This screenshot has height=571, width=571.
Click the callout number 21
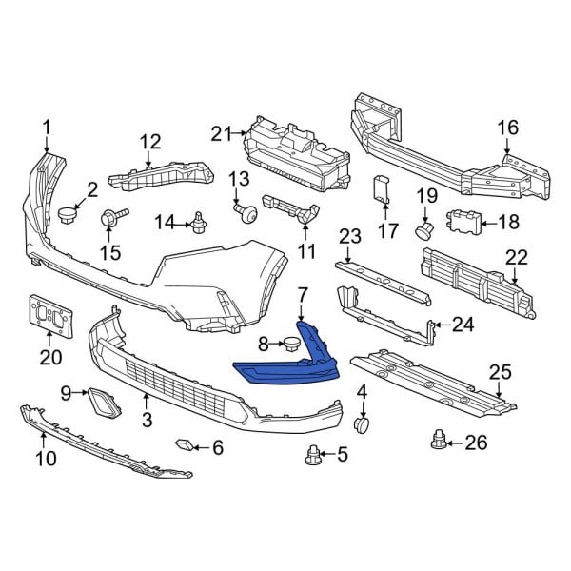[221, 134]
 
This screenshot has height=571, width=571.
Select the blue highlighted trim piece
[285, 369]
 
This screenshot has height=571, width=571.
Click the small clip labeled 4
[361, 423]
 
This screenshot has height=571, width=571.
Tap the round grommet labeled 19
[425, 228]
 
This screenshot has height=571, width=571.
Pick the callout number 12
[150, 142]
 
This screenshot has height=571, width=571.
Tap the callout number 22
[517, 255]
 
